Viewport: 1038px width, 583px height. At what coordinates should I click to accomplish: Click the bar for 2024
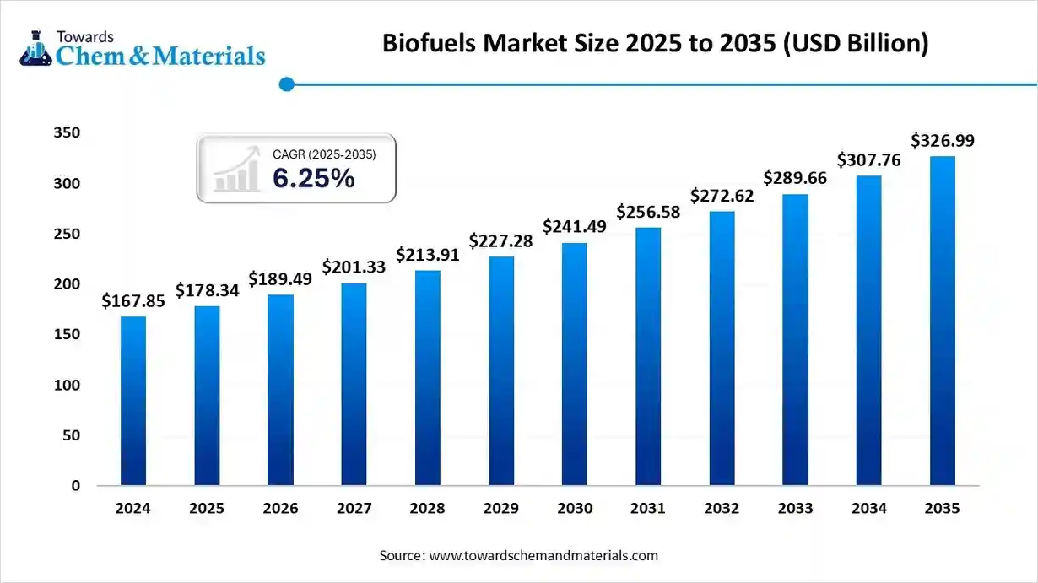click(133, 401)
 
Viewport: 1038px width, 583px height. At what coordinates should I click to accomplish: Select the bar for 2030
click(575, 364)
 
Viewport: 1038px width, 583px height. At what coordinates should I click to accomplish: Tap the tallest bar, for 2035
click(943, 321)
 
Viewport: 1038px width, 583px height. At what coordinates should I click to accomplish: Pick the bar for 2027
click(354, 384)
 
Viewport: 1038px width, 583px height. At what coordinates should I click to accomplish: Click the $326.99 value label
click(943, 141)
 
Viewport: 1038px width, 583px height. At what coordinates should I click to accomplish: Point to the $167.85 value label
click(133, 300)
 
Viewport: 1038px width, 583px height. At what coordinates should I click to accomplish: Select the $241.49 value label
click(575, 226)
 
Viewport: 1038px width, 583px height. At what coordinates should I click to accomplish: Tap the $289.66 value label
click(796, 178)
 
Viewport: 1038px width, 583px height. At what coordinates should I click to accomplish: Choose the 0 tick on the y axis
click(76, 486)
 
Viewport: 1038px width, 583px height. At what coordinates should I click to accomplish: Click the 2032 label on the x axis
click(722, 509)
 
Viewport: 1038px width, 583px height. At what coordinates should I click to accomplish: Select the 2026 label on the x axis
click(280, 509)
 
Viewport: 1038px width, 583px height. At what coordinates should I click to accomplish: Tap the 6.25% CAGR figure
click(313, 178)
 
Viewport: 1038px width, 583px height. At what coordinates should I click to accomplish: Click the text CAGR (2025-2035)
click(324, 154)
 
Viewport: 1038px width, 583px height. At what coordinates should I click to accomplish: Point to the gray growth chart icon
click(237, 169)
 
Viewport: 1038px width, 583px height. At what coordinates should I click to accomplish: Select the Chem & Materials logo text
click(160, 56)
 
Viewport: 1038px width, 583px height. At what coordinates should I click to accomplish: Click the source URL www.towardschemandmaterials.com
click(543, 556)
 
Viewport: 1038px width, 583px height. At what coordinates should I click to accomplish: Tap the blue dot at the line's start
click(287, 84)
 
